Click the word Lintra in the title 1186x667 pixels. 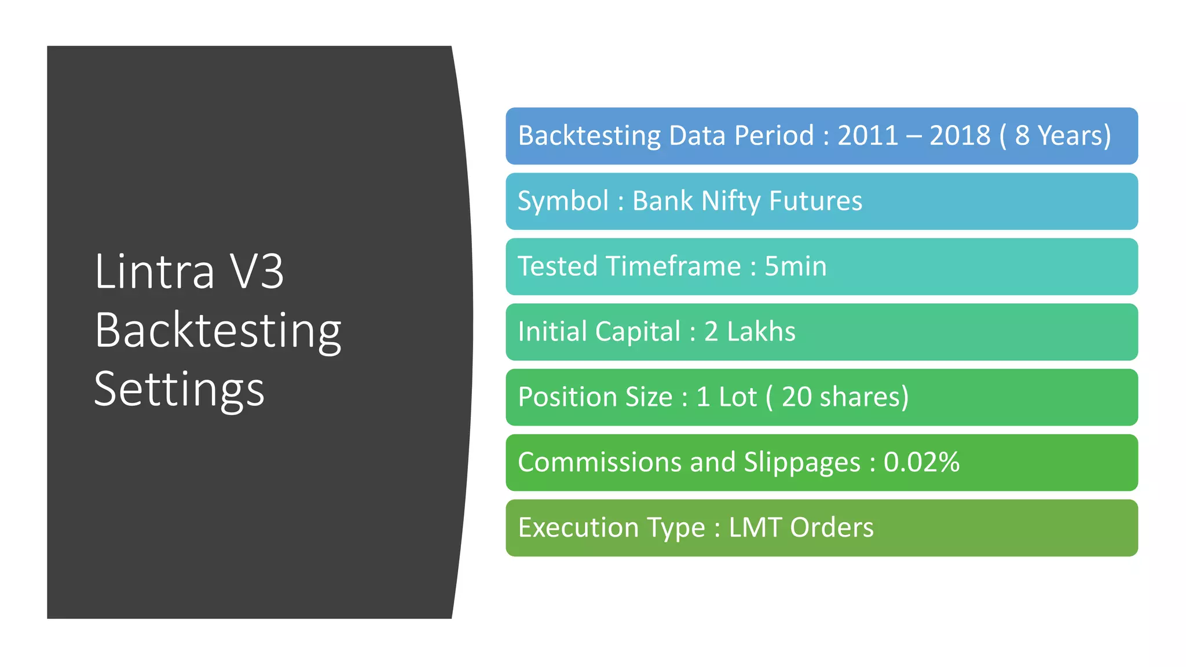154,272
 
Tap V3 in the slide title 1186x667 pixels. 257,272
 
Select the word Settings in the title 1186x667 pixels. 179,390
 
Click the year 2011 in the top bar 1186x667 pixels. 867,136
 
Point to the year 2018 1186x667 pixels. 960,136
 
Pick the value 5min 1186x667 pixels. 795,267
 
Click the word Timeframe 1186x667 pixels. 673,267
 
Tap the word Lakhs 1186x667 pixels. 761,332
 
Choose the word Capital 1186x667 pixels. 638,332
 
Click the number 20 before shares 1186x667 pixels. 796,397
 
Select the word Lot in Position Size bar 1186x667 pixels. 737,397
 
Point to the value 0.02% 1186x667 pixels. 921,463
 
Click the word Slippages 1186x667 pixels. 802,463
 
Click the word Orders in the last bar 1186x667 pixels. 832,528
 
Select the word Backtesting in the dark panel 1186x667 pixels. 218,331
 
